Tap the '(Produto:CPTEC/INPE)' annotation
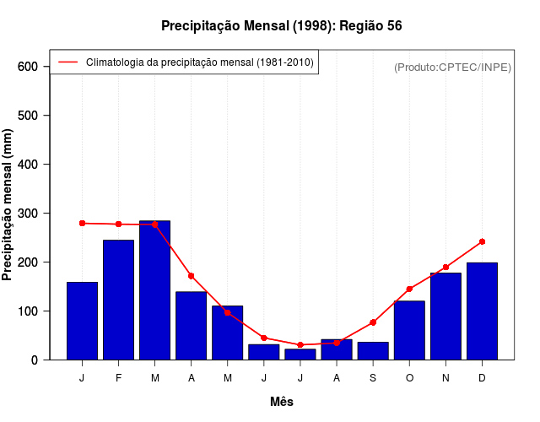pos(452,67)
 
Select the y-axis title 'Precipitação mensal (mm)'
pos(8,205)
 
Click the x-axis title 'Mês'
pos(282,402)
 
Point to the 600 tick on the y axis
pos(28,67)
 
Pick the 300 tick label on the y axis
pos(28,214)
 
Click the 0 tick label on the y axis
pos(35,360)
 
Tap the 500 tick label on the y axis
pos(28,116)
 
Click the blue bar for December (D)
pos(482,311)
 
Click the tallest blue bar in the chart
pos(154,289)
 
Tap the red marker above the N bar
pos(445,267)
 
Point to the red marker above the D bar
pos(482,241)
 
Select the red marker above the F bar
pos(118,224)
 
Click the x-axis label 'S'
pos(373,378)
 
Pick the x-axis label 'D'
pos(482,378)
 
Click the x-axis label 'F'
pos(118,378)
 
